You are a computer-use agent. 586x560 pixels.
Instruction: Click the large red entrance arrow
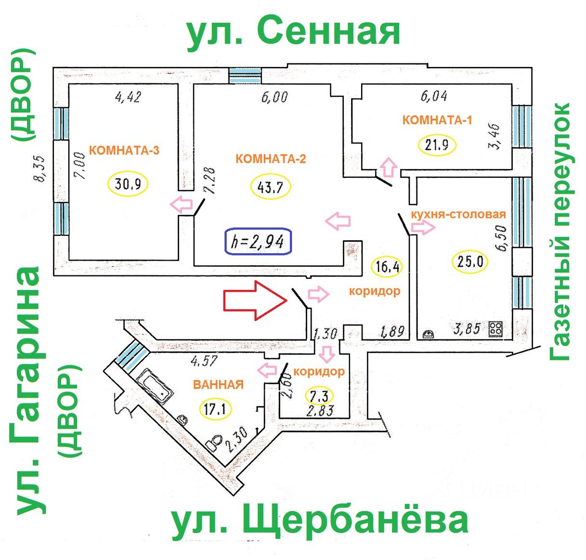(255, 300)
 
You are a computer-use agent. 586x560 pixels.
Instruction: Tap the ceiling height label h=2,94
(258, 241)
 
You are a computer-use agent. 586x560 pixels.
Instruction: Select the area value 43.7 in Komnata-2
(271, 187)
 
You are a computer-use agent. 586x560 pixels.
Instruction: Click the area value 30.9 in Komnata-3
(128, 183)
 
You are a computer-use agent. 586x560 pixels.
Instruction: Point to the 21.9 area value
(437, 145)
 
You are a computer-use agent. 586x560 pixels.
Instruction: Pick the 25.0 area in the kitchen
(470, 262)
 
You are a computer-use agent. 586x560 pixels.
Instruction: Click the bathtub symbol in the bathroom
(155, 386)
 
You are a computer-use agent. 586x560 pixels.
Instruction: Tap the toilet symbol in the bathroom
(214, 442)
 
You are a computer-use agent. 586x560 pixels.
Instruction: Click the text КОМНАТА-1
(437, 120)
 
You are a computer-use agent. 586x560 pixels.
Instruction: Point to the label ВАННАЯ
(218, 384)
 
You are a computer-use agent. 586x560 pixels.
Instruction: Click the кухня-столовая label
(458, 214)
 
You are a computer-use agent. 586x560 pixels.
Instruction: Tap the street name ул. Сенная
(294, 33)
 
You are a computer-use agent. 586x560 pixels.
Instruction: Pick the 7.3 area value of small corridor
(319, 396)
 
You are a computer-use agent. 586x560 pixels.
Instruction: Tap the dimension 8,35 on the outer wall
(39, 169)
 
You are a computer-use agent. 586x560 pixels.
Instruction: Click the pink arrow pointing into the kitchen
(423, 227)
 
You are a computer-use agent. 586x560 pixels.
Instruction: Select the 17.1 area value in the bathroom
(216, 409)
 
